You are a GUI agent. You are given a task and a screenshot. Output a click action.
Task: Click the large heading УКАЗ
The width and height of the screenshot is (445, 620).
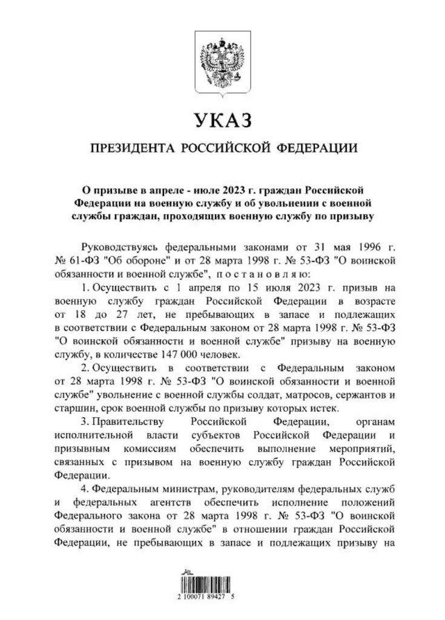pos(222,121)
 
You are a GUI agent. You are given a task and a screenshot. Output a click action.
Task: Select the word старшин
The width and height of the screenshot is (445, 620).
pos(74,409)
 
